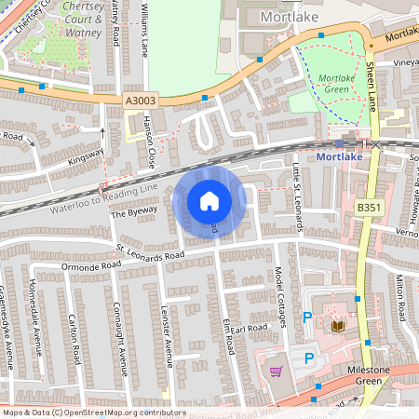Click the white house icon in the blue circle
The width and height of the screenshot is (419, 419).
pyautogui.click(x=209, y=200)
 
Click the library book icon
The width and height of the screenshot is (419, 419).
pyautogui.click(x=337, y=326)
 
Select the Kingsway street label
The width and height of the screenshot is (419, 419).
pyautogui.click(x=86, y=158)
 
